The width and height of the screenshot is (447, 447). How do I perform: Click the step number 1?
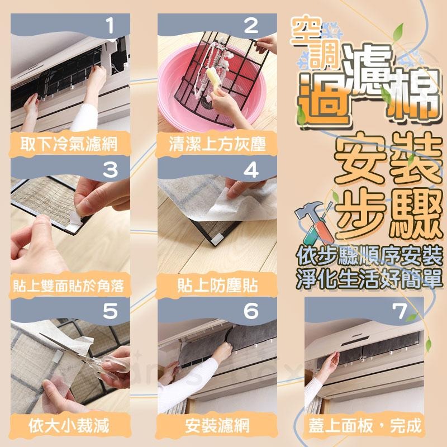point(110,25)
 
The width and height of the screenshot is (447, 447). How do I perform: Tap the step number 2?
point(251,25)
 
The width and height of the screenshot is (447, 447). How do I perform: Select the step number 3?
point(110,170)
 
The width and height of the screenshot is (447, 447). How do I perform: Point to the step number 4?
point(251,170)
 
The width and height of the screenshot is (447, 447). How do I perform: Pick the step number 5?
point(110,311)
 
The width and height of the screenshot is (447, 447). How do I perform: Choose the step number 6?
point(251,311)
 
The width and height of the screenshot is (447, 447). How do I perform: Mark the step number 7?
point(400,311)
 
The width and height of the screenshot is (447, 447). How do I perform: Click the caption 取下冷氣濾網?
point(69,144)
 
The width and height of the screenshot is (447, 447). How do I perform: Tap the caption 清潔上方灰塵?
point(217,144)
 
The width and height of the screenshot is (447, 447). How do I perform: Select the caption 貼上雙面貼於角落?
point(69,286)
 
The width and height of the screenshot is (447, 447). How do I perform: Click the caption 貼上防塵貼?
point(217,286)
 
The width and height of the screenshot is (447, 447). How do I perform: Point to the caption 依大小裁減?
point(69,426)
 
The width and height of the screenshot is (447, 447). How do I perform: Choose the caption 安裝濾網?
point(217,426)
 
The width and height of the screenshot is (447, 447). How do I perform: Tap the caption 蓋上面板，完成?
point(365,426)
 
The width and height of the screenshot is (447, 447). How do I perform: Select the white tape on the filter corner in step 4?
point(217,238)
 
